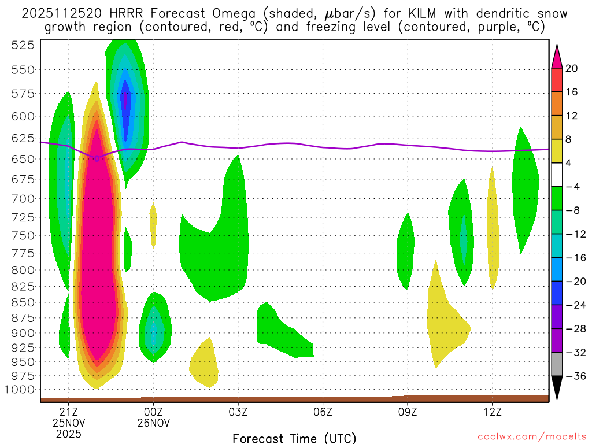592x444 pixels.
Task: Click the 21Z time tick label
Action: click(x=69, y=412)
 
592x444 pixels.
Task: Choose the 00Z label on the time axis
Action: click(x=153, y=412)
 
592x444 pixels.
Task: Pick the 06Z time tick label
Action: click(x=323, y=412)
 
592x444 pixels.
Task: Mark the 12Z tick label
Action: click(x=492, y=412)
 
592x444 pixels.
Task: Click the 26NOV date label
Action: click(x=153, y=423)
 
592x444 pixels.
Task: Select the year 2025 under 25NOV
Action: click(x=69, y=434)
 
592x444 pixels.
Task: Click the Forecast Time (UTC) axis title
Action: click(x=294, y=438)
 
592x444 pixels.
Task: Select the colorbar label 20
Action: click(x=572, y=68)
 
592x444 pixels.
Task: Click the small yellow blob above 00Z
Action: click(x=153, y=224)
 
